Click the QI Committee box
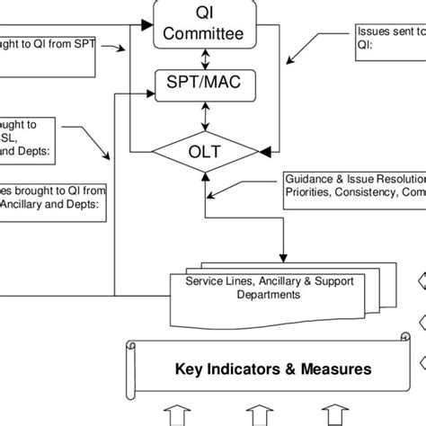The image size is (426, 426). pos(207,24)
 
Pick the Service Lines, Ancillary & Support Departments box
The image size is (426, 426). pos(269,288)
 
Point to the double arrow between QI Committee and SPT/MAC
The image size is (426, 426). pos(207,58)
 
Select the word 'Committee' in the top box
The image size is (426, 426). pos(207,34)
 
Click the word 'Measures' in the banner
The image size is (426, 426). pos(337,369)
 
